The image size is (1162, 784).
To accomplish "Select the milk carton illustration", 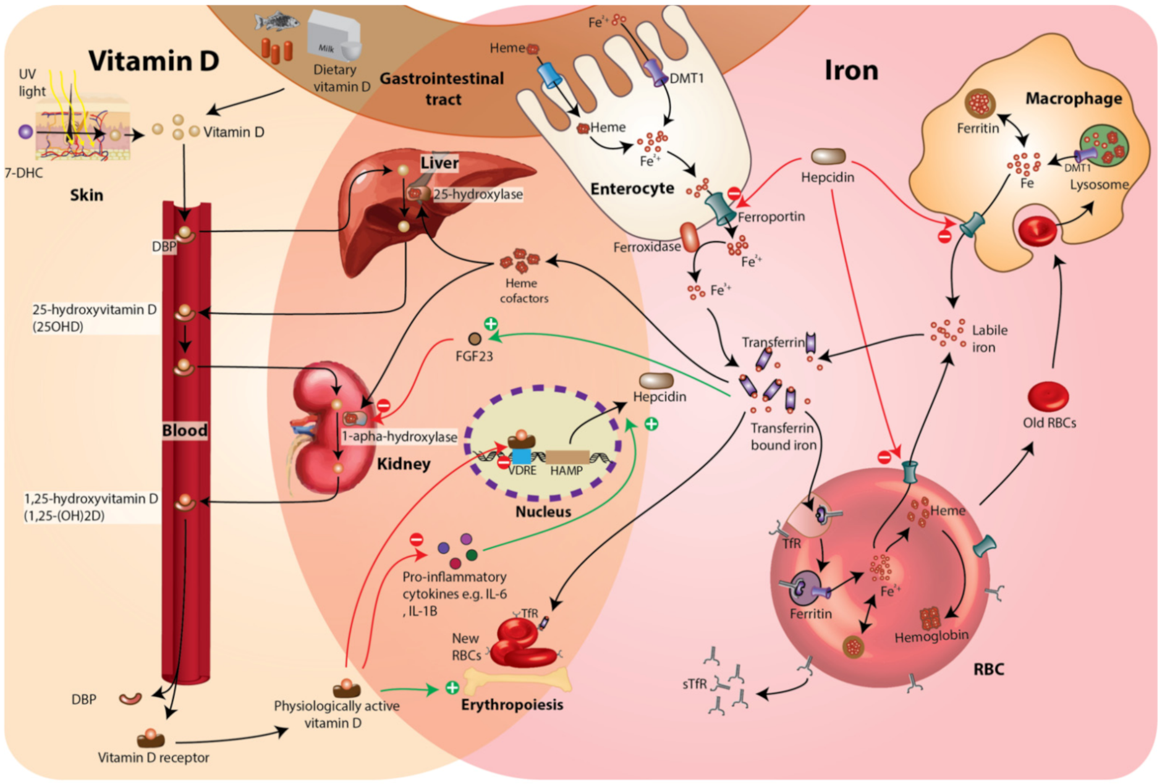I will (334, 37).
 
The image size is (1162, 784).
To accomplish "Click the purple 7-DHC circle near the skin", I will (25, 132).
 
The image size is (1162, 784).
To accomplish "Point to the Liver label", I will (439, 162).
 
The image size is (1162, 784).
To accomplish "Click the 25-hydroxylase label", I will (477, 194).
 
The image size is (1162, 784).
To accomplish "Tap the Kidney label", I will (404, 463).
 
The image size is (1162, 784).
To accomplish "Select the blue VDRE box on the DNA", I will (521, 457).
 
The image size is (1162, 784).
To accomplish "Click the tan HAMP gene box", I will (567, 457).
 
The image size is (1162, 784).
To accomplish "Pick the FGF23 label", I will (474, 356).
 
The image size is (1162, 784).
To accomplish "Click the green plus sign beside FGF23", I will (491, 324).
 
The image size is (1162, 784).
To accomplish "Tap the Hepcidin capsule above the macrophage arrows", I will (828, 156).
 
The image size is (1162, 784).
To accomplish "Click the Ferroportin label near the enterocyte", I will (771, 217).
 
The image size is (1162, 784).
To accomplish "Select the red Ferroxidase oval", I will (689, 237).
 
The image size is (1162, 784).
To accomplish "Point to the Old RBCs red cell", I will (1048, 396).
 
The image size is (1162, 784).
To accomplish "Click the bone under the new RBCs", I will (516, 680).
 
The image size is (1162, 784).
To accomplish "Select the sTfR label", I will (694, 684).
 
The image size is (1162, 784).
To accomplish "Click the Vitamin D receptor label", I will (153, 757).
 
